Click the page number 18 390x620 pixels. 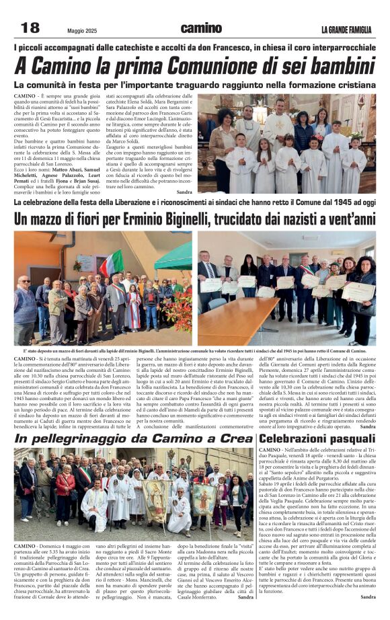(x=30, y=28)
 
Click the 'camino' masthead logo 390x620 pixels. (x=200, y=28)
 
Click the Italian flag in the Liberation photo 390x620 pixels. (x=112, y=264)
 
